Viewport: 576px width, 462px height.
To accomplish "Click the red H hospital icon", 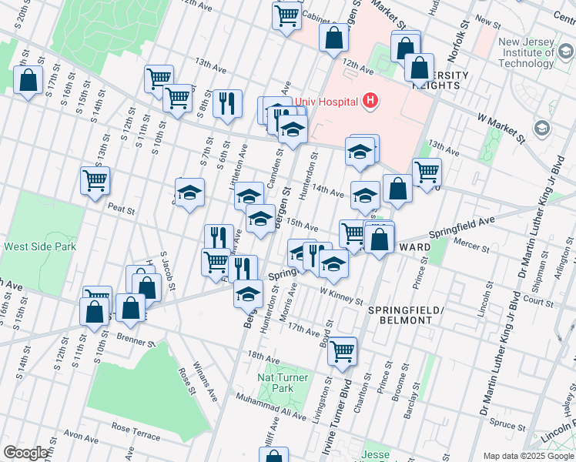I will [x=371, y=101].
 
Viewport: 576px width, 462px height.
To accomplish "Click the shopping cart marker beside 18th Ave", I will [x=342, y=350].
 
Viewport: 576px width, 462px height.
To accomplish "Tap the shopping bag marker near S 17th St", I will [x=28, y=80].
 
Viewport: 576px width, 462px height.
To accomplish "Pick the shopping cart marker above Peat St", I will [x=95, y=180].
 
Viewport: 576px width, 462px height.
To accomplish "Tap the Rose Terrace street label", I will [x=134, y=427].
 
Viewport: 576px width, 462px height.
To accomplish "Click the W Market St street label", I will [x=501, y=129].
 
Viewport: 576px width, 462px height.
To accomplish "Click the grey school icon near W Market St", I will [x=542, y=128].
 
